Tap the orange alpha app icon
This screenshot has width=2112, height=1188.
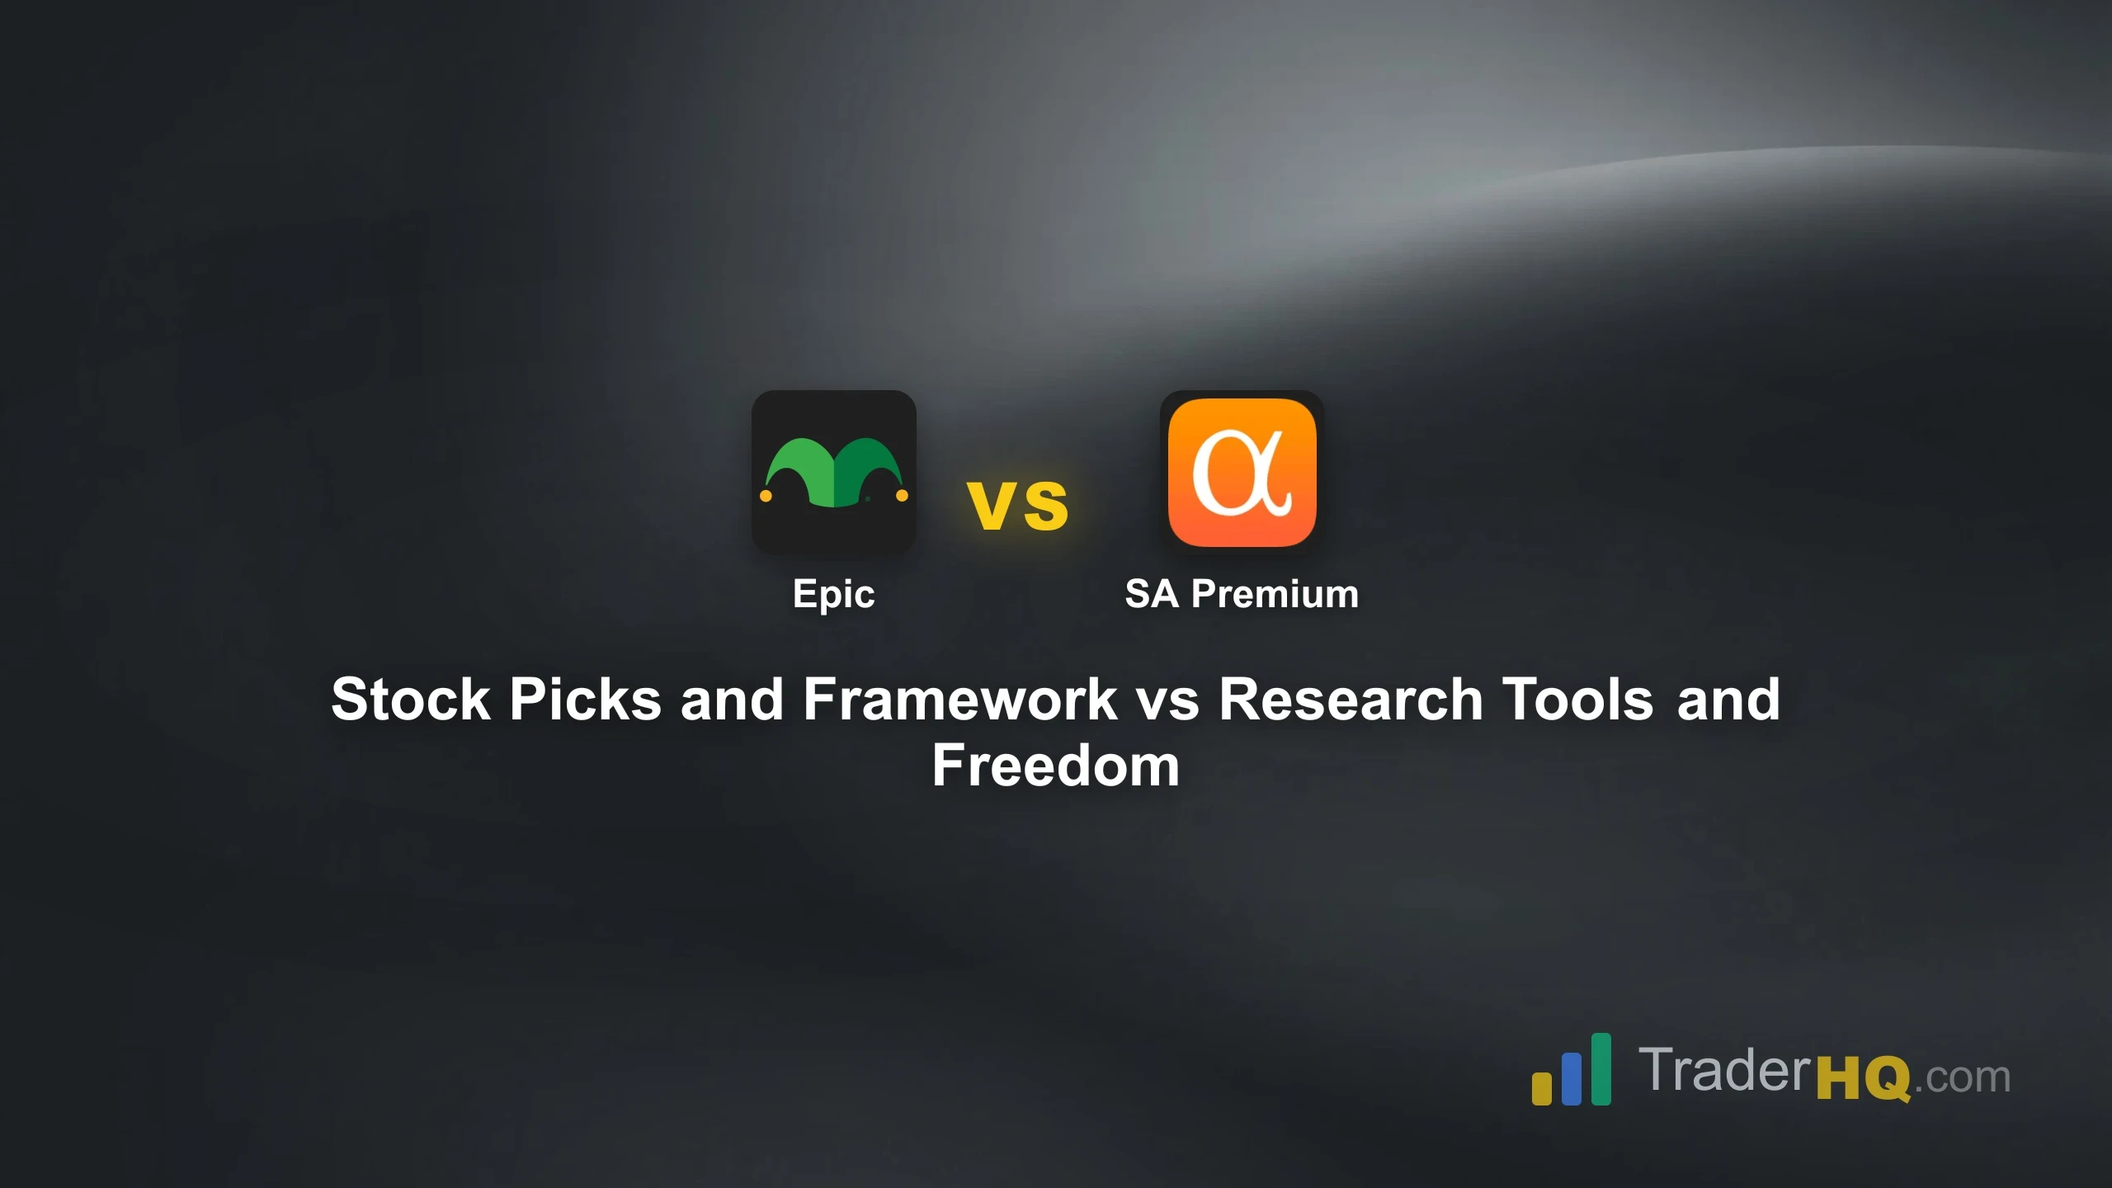pyautogui.click(x=1242, y=472)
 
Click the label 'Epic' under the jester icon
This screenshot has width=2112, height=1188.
pyautogui.click(x=833, y=594)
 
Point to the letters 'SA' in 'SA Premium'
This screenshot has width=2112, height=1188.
pyautogui.click(x=1152, y=594)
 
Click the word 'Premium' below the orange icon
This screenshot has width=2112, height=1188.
pyautogui.click(x=1275, y=594)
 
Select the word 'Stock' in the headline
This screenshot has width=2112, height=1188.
pyautogui.click(x=411, y=700)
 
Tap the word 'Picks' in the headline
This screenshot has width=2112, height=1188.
pyautogui.click(x=586, y=700)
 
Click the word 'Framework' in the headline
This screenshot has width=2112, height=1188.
pyautogui.click(x=960, y=700)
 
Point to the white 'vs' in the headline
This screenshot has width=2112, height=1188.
pyautogui.click(x=1167, y=700)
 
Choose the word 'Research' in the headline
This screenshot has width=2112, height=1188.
pyautogui.click(x=1351, y=700)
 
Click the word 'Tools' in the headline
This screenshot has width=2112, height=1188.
pyautogui.click(x=1577, y=700)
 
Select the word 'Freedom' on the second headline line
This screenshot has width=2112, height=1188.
pyautogui.click(x=1056, y=766)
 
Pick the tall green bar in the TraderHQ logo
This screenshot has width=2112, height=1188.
pyautogui.click(x=1601, y=1068)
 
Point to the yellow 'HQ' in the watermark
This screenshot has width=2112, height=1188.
pyautogui.click(x=1864, y=1078)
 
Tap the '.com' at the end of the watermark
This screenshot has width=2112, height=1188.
pyautogui.click(x=1962, y=1078)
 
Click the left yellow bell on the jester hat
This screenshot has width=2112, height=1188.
pyautogui.click(x=766, y=496)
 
